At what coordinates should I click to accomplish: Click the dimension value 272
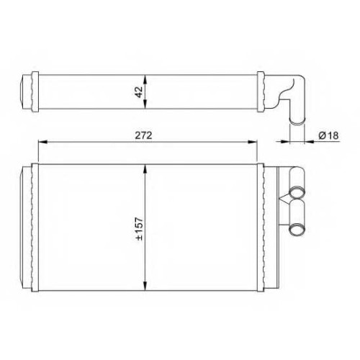143,135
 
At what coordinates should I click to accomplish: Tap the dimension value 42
139,92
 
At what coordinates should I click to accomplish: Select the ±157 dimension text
139,229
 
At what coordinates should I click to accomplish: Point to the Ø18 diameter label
328,135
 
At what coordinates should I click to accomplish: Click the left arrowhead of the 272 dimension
42,142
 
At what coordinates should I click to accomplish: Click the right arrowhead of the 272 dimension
253,142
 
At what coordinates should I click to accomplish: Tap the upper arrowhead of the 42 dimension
145,79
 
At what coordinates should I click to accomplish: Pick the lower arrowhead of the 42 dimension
145,104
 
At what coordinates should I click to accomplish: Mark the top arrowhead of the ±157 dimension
145,168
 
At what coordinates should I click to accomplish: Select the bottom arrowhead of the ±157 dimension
145,286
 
